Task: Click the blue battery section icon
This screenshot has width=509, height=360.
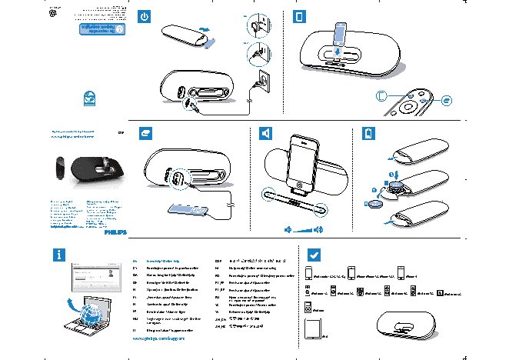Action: click(x=368, y=133)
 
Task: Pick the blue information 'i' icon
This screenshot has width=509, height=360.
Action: click(x=59, y=255)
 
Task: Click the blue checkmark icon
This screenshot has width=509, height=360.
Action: click(x=314, y=254)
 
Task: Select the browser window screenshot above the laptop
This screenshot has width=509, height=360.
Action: click(x=99, y=278)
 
